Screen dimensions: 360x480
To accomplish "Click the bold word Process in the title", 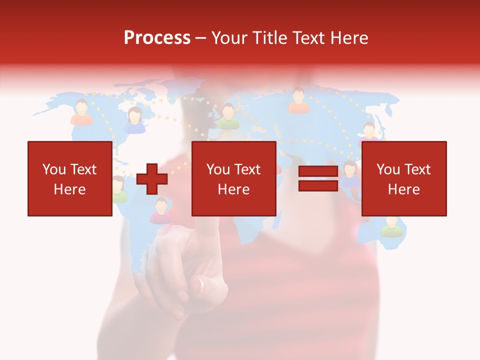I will (157, 37).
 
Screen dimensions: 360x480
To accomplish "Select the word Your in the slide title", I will (229, 37).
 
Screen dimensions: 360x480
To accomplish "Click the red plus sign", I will (152, 178).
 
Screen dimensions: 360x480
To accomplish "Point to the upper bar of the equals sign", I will (318, 171).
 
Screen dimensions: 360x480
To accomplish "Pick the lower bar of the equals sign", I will (318, 185).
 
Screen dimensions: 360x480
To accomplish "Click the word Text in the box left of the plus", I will (83, 169).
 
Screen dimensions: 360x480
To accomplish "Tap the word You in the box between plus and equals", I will (218, 169).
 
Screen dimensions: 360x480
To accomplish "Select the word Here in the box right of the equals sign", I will (403, 189).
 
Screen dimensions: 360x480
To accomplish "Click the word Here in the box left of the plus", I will (69, 189).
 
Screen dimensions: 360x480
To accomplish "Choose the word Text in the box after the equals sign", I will (417, 169).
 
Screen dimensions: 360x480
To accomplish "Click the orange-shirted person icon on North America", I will (81, 112).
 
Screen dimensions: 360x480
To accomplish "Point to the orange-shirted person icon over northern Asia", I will (298, 101).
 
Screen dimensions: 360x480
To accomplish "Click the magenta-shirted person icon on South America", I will (161, 211).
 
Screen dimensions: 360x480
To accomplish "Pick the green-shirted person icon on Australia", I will (391, 227).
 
